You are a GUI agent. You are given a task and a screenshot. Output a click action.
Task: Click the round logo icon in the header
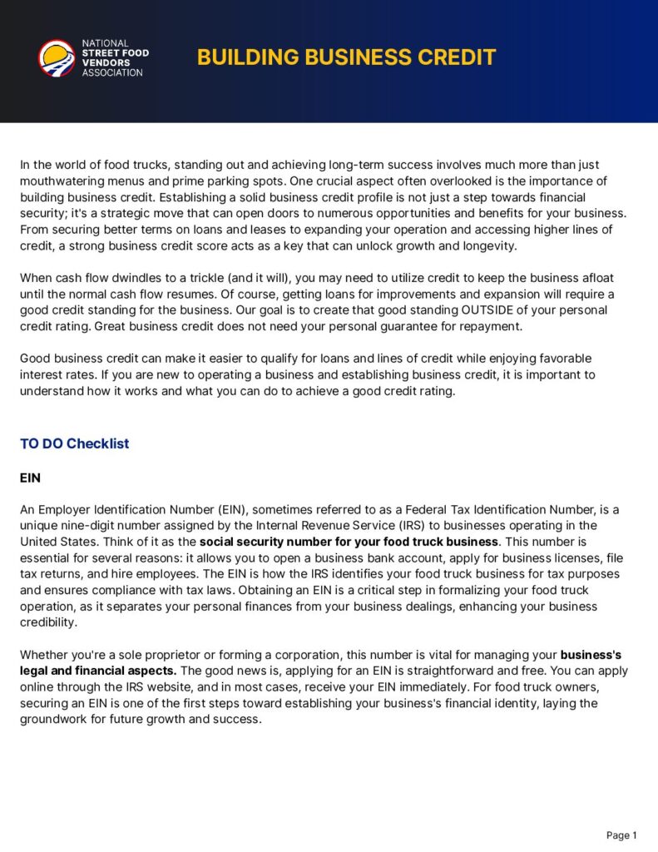[x=57, y=58]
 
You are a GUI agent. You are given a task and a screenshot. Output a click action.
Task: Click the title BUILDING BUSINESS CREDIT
[x=346, y=57]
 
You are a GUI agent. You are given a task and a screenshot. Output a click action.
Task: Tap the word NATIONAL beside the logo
[x=105, y=43]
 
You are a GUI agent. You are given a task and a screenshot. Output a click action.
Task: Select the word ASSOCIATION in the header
[x=112, y=72]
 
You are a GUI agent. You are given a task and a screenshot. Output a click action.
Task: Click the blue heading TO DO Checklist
[x=74, y=443]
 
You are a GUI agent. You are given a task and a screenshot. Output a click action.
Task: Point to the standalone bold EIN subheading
[x=30, y=478]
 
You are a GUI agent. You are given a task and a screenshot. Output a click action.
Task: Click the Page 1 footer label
[x=621, y=835]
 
